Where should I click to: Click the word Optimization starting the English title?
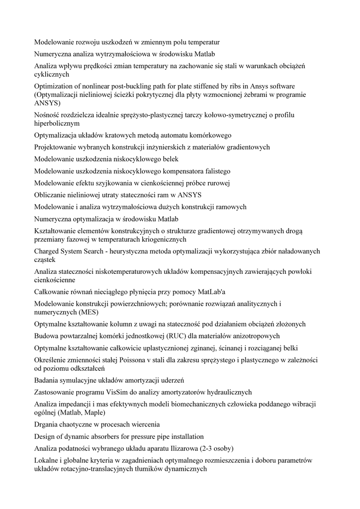54,86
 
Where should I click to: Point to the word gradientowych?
244,147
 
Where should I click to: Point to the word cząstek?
45,259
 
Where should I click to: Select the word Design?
45,436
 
